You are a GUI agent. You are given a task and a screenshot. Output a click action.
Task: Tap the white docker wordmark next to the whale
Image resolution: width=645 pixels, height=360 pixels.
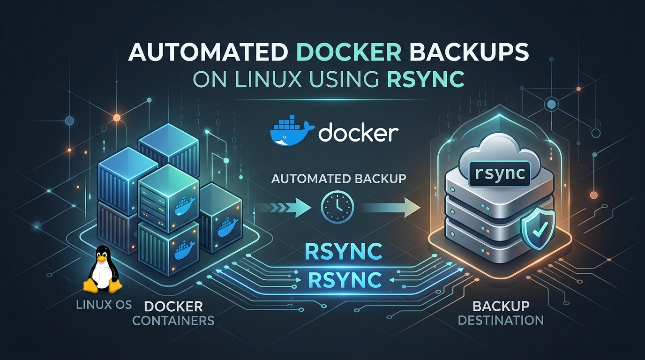pyautogui.click(x=358, y=133)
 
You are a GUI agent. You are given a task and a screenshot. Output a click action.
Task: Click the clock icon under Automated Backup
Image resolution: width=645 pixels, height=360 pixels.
pyautogui.click(x=337, y=206)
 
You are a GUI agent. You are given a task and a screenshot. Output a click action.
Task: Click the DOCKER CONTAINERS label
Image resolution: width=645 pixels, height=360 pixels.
pyautogui.click(x=173, y=314)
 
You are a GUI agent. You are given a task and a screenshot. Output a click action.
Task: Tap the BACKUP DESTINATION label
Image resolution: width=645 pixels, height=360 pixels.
pyautogui.click(x=501, y=313)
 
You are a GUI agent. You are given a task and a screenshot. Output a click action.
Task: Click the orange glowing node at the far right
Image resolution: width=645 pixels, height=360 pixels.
pyautogui.click(x=594, y=195)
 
